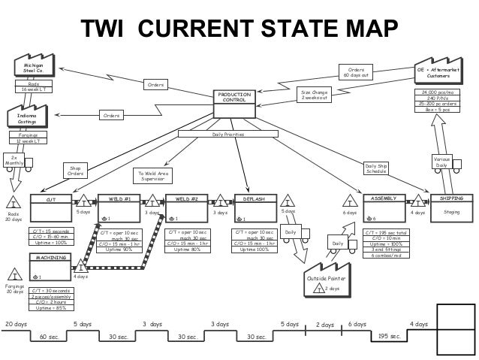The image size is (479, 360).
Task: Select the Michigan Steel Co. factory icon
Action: click(34, 69)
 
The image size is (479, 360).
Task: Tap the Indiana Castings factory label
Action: click(27, 119)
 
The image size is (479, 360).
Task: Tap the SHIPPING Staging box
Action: click(451, 207)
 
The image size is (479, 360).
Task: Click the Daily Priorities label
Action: click(227, 134)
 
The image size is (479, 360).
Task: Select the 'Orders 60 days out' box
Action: click(357, 72)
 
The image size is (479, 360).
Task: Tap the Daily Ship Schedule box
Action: click(376, 168)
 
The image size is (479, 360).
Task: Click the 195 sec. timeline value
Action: click(388, 336)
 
